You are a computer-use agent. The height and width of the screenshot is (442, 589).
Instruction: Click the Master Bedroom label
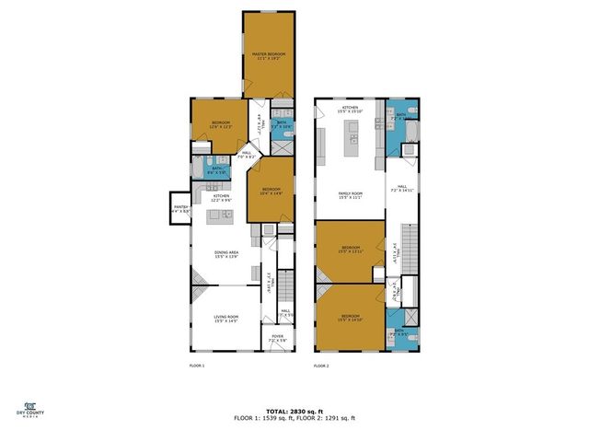click(x=269, y=57)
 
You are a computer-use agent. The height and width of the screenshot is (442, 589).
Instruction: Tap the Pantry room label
click(x=179, y=209)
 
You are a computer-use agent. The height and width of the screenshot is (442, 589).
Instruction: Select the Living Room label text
click(x=226, y=318)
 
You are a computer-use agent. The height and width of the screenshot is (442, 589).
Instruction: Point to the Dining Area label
click(x=227, y=255)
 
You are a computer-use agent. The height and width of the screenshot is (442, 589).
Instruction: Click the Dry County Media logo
click(x=30, y=408)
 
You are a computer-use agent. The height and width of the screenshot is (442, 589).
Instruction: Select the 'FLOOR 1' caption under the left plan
click(x=196, y=366)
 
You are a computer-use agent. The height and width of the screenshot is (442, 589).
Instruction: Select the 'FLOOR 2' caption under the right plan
click(x=321, y=366)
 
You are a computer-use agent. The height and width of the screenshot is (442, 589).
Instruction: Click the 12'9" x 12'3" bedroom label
click(x=221, y=124)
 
